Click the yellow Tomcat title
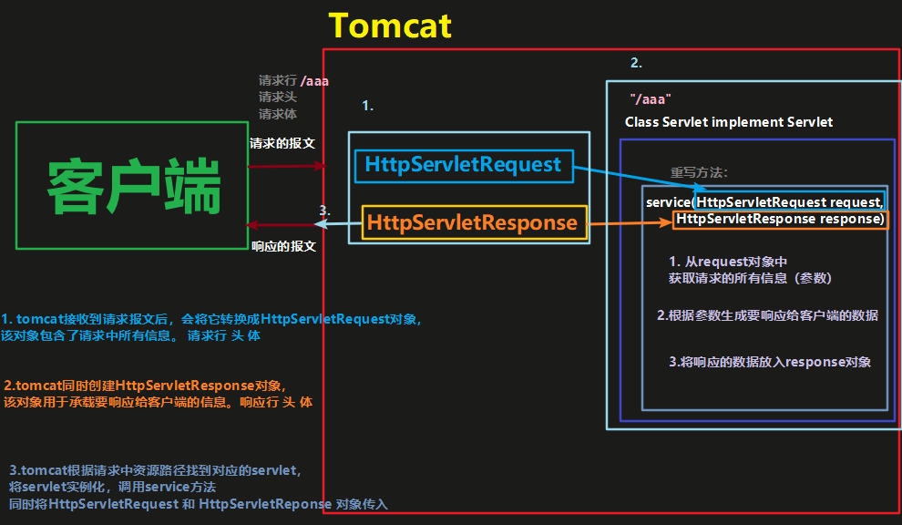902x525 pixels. click(390, 26)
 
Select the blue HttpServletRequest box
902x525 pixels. click(463, 165)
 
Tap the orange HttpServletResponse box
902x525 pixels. click(471, 222)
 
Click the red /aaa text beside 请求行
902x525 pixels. click(314, 81)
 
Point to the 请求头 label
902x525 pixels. click(277, 98)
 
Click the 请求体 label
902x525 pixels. click(277, 114)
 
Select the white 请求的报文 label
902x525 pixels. click(282, 143)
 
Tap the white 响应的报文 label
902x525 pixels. click(283, 246)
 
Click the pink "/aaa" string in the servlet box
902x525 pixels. click(651, 98)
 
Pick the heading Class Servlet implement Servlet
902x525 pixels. click(728, 122)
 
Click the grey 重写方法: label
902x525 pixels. click(699, 172)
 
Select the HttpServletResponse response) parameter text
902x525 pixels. click(780, 220)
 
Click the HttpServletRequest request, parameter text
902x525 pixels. click(788, 201)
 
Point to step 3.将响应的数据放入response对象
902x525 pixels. click(770, 362)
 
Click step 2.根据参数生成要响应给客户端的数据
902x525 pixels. click(767, 315)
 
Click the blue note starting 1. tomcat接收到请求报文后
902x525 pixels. click(211, 327)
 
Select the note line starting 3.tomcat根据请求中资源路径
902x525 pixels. click(155, 471)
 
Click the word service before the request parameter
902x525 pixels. click(668, 201)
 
